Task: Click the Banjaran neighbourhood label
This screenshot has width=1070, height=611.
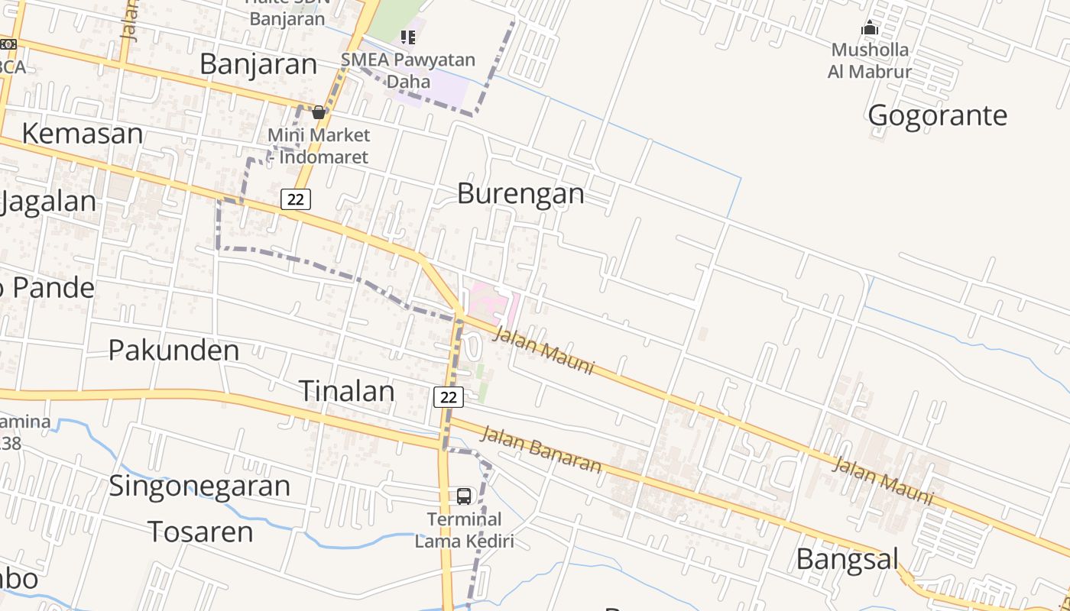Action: coord(258,64)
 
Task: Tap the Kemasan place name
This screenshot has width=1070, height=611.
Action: coord(83,134)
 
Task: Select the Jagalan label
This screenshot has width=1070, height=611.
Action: coord(49,202)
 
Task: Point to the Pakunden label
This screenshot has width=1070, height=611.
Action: coord(173,351)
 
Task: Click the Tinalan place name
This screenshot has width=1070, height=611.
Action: coord(346,391)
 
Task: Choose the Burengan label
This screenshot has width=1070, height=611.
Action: coord(520,193)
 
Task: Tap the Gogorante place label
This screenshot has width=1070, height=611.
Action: coord(937,116)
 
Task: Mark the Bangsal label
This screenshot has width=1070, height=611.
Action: coord(848,559)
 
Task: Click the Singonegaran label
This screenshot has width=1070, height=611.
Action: coord(199,486)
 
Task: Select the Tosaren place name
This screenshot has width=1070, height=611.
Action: coord(200,532)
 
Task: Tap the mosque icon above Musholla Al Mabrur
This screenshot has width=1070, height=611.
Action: coord(870,29)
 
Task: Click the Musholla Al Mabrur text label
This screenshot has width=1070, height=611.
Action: coord(870,61)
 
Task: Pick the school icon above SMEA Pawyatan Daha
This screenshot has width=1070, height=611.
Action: coord(408,37)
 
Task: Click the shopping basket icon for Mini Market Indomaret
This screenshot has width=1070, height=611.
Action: coord(319,113)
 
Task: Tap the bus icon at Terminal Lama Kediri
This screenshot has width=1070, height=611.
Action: coord(464,496)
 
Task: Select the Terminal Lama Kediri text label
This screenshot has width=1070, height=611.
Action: coord(464,530)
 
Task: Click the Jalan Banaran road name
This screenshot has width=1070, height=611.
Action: coord(540,449)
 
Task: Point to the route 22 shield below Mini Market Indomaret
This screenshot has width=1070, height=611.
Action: coord(296,199)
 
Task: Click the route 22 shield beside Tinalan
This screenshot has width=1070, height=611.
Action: coord(449,397)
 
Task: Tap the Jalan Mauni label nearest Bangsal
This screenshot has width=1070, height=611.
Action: coord(883,480)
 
